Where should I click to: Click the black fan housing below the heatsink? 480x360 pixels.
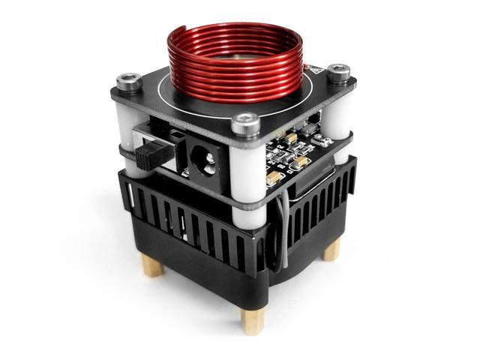pos(202,270)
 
